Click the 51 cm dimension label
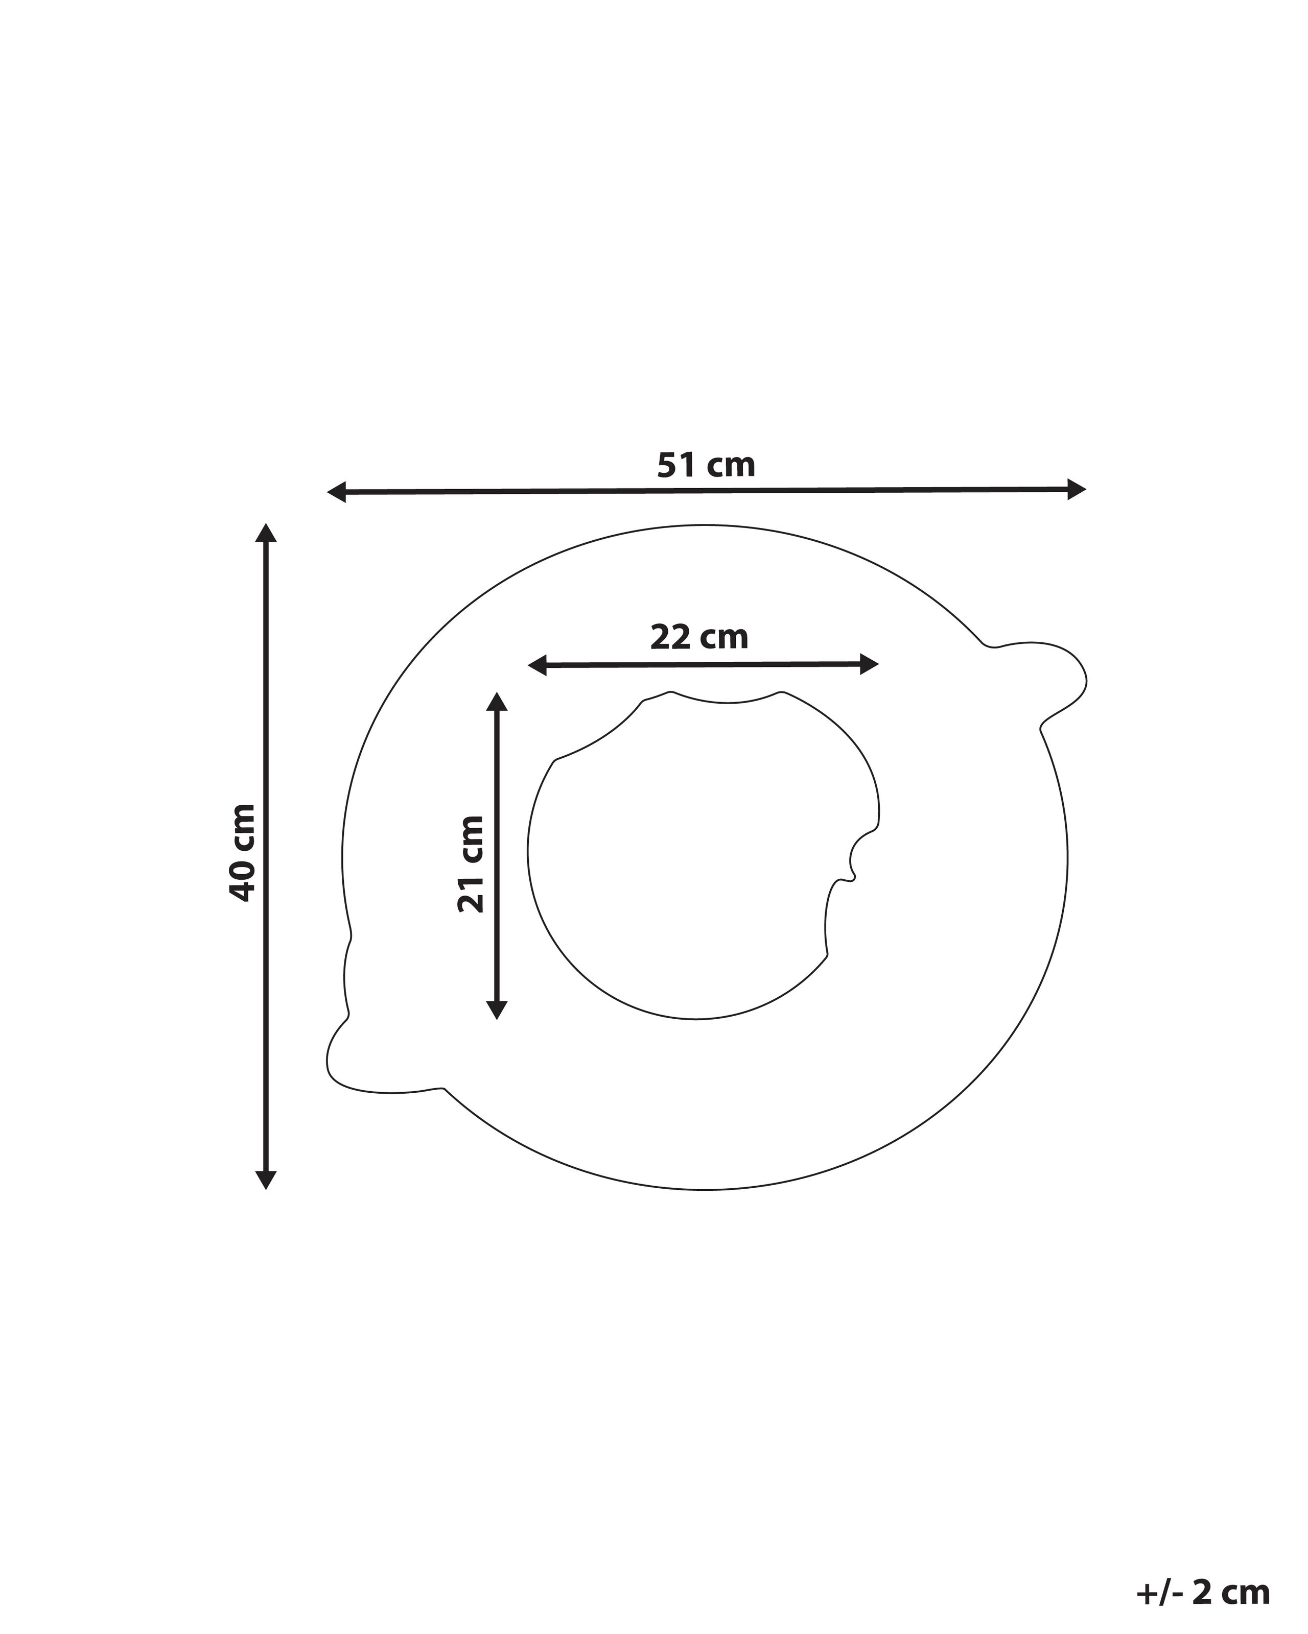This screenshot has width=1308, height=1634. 706,465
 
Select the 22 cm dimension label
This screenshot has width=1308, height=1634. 699,637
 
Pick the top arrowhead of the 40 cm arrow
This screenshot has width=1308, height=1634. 265,532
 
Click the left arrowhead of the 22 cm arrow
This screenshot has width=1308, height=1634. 537,666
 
